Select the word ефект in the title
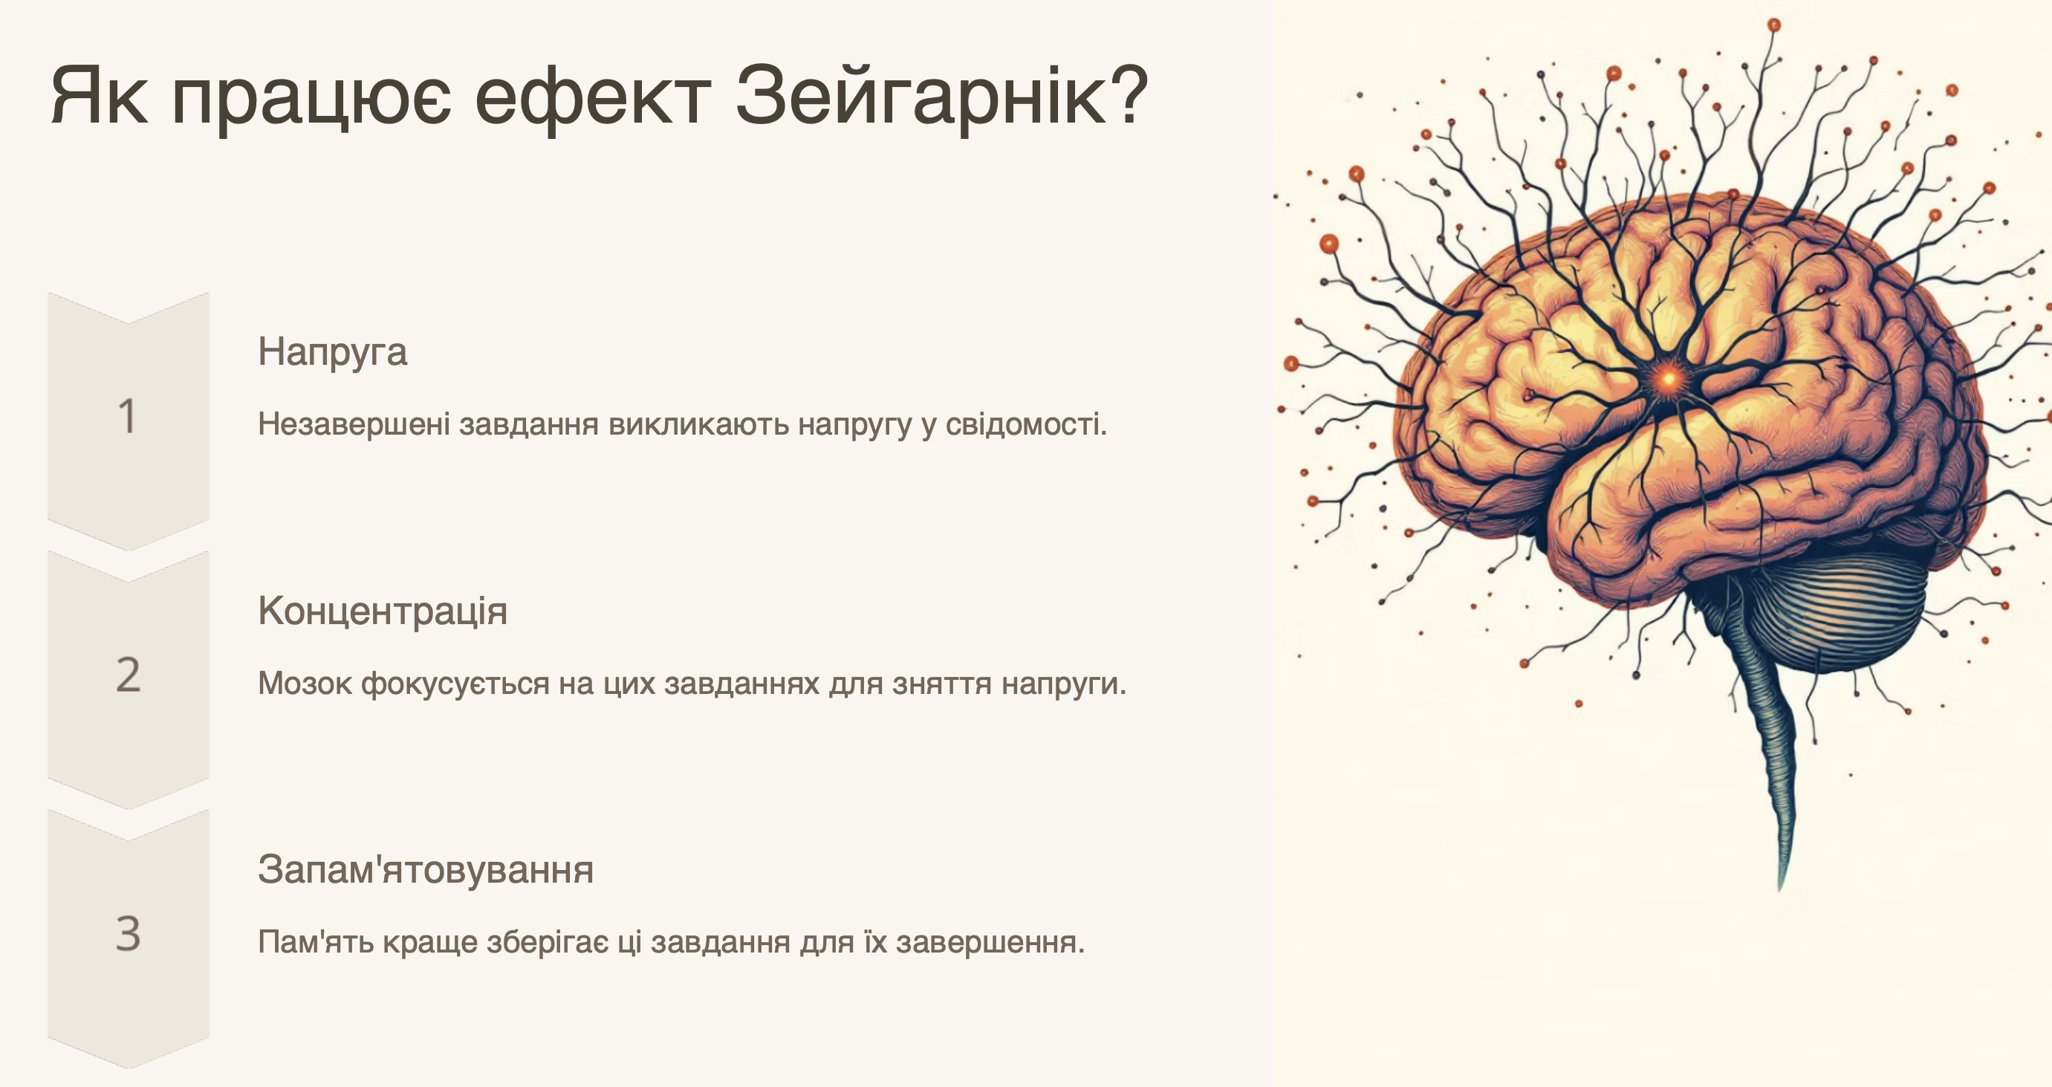[592, 98]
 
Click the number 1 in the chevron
[128, 417]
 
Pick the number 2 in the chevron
[129, 675]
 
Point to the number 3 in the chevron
[129, 933]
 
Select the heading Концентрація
[383, 611]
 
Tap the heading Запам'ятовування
[426, 869]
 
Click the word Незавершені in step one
[354, 425]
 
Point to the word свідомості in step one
[1026, 425]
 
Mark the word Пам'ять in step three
[316, 942]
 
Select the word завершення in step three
[990, 943]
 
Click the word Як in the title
[99, 97]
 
